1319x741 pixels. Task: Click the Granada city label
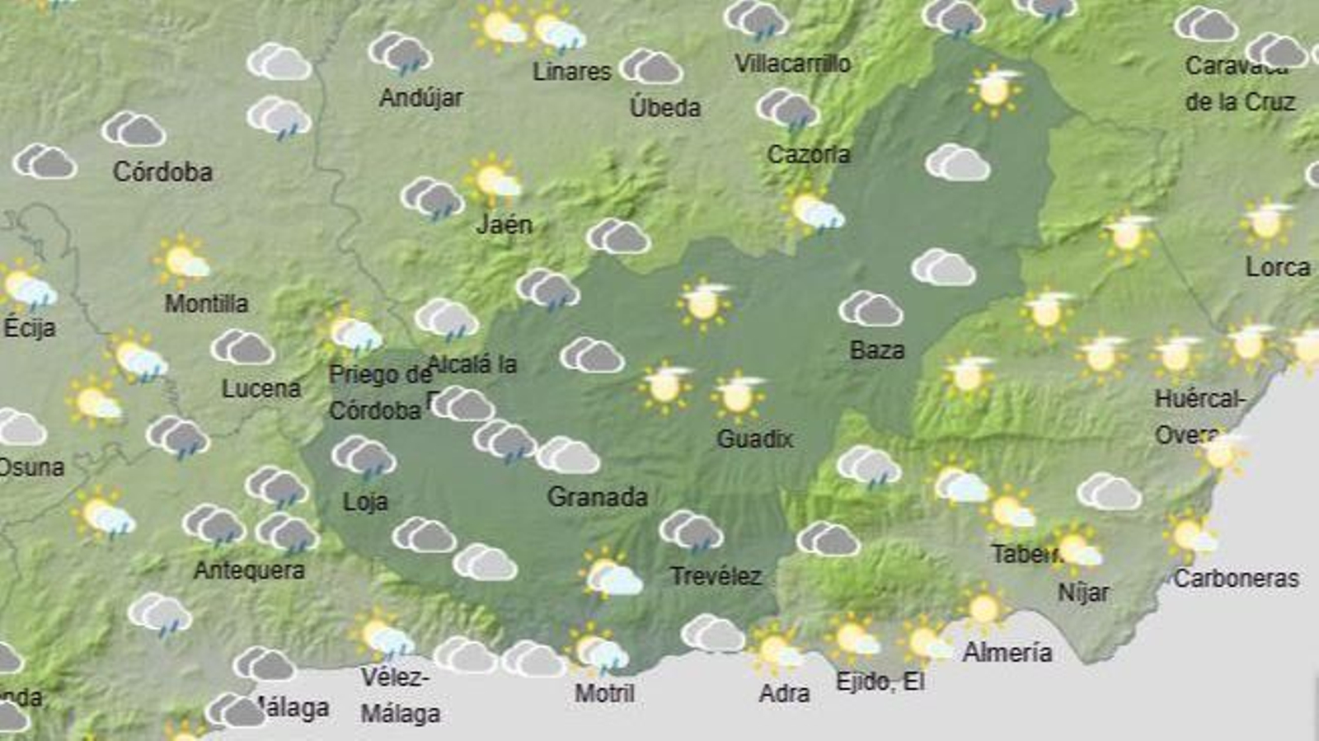(598, 497)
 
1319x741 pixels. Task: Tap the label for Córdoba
(162, 171)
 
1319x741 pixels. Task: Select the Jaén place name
(504, 224)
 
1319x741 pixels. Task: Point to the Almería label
(1007, 653)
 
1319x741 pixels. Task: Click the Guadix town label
(754, 439)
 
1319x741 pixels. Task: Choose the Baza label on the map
(877, 350)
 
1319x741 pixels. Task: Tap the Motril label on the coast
(604, 693)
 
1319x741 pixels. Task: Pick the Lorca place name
(1277, 267)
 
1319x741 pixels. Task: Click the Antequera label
(249, 570)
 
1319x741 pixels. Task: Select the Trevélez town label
(716, 576)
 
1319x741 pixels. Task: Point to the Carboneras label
(1236, 579)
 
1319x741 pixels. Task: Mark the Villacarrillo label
(792, 63)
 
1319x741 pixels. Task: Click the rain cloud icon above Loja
(364, 457)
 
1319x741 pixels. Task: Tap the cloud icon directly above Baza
(871, 309)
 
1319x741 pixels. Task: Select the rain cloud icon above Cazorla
(787, 110)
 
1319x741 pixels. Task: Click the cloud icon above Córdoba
(134, 129)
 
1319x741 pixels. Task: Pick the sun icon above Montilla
(182, 261)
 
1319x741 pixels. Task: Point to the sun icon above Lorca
(1265, 223)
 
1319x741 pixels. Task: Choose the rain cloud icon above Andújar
(400, 54)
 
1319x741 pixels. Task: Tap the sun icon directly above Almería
(983, 610)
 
